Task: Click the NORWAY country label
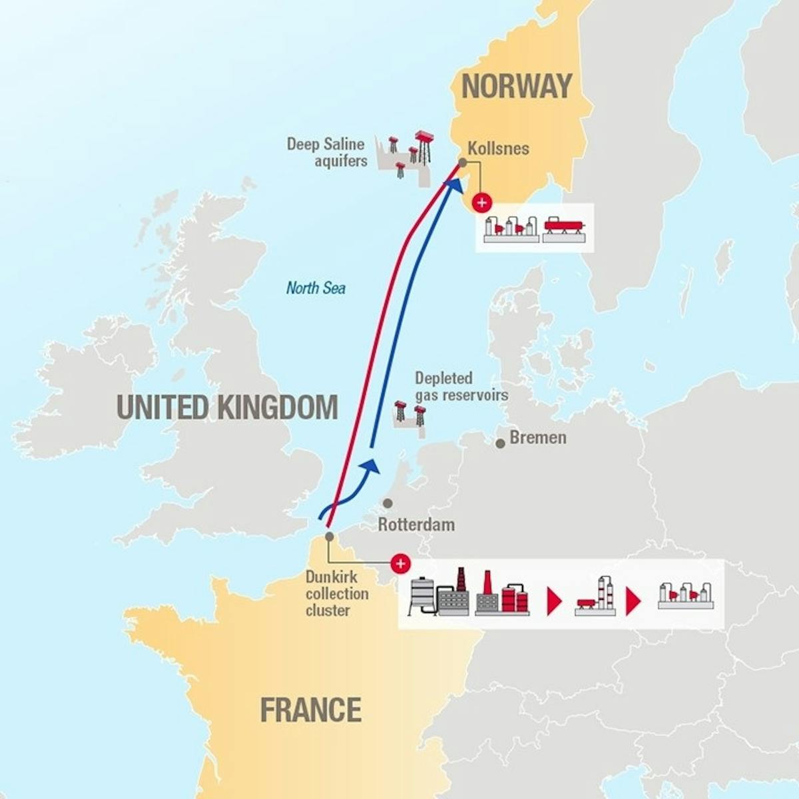(517, 87)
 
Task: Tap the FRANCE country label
(310, 710)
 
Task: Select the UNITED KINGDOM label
(227, 407)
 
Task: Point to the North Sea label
(316, 288)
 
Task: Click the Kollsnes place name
(498, 148)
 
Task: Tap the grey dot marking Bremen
(500, 443)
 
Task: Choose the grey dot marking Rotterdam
(388, 504)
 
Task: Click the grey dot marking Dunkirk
(329, 536)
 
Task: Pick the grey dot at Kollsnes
(462, 162)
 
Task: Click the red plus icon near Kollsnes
(481, 202)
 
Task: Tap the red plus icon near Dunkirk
(400, 564)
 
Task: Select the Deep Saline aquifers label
(327, 152)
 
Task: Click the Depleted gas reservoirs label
(461, 387)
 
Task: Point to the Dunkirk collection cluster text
(337, 593)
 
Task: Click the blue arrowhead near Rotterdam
(371, 465)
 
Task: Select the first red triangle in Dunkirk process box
(554, 601)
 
